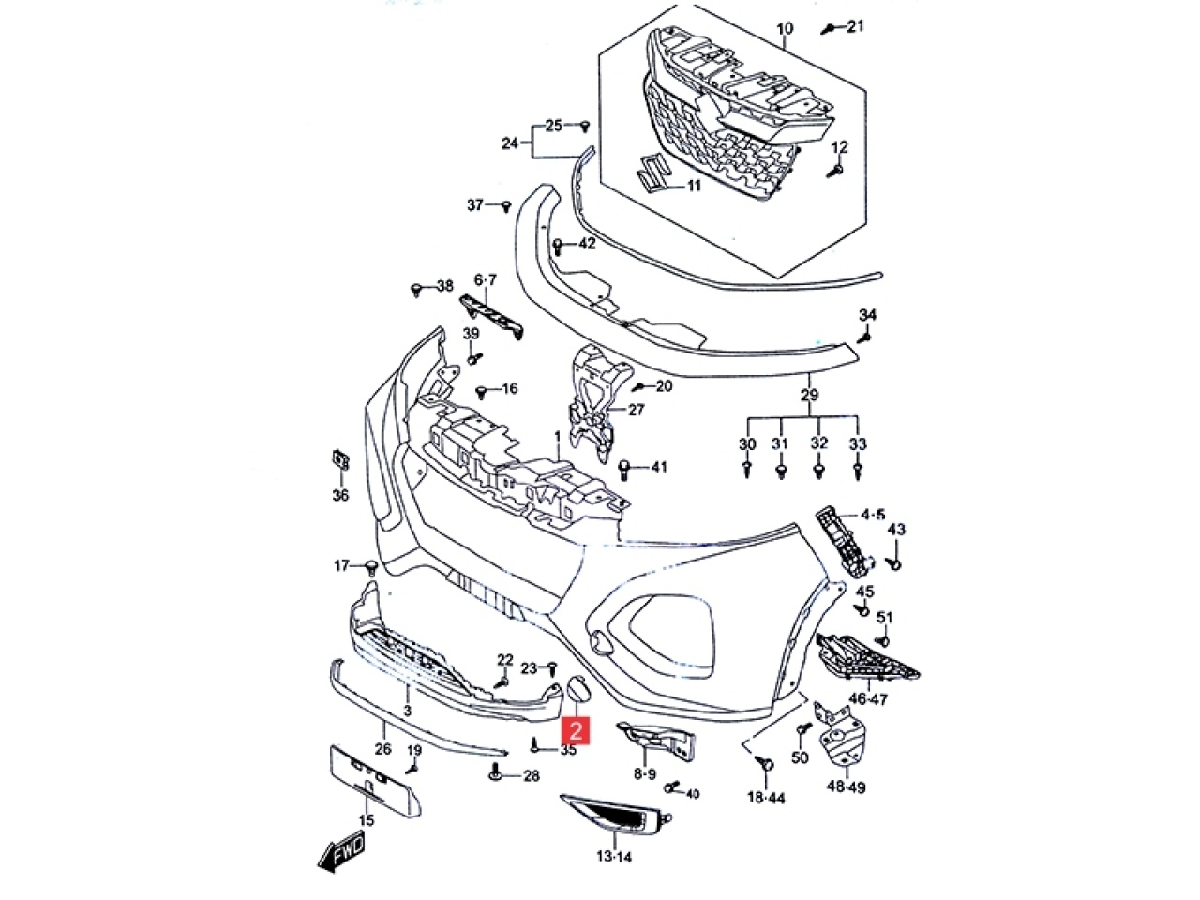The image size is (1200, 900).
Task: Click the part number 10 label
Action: click(x=785, y=29)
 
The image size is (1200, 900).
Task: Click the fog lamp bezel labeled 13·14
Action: click(x=616, y=813)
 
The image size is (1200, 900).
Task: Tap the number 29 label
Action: click(x=810, y=395)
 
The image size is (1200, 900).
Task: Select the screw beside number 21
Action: click(x=828, y=29)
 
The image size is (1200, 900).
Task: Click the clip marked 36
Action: click(x=339, y=462)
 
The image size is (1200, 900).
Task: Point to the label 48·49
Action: click(x=845, y=787)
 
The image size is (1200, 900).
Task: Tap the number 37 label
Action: click(x=476, y=204)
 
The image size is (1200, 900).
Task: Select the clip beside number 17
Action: click(x=371, y=566)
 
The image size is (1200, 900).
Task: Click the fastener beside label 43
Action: click(x=893, y=563)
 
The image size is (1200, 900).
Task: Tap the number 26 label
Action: click(x=382, y=749)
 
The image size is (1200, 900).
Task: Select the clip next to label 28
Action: click(x=496, y=775)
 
